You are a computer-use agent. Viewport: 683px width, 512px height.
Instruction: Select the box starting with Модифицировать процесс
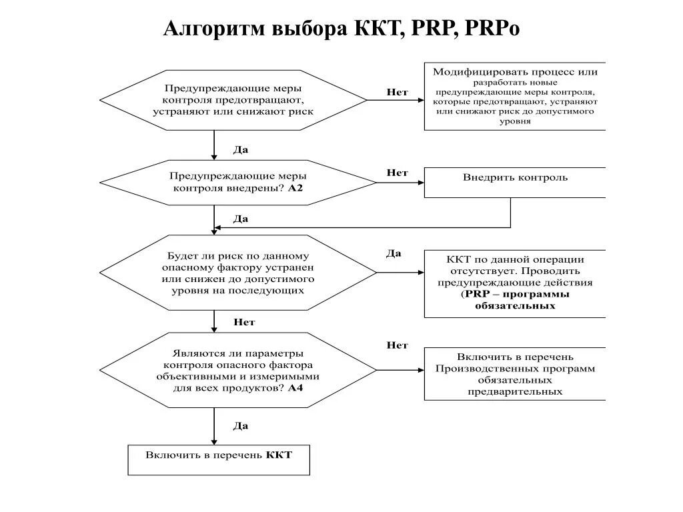click(515, 97)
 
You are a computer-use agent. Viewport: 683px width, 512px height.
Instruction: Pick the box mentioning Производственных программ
click(515, 373)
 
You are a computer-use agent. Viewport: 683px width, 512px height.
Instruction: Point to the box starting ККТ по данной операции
click(515, 284)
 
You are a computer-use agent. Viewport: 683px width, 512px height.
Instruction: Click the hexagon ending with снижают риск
click(233, 100)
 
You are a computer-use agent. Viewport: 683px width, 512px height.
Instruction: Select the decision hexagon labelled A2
click(237, 182)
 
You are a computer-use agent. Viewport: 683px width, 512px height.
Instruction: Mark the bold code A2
click(295, 189)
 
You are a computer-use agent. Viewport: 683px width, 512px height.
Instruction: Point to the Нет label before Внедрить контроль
click(398, 173)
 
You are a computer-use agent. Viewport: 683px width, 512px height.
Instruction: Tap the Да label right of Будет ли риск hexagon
click(394, 253)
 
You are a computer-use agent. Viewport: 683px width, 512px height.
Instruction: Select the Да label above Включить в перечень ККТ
click(241, 425)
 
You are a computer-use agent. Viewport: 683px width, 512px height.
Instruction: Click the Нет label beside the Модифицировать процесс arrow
click(398, 91)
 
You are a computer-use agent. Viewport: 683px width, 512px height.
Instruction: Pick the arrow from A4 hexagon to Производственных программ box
click(400, 370)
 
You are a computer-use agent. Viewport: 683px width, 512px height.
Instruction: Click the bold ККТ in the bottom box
click(279, 455)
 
